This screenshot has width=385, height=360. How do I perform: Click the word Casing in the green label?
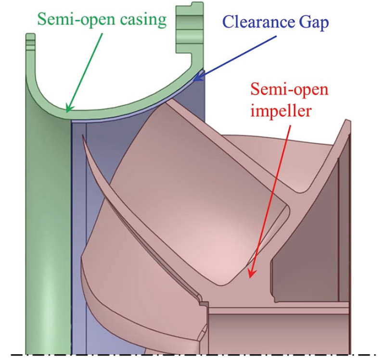143,20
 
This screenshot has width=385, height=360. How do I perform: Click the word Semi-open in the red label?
285,90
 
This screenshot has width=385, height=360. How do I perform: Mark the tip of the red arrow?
248,277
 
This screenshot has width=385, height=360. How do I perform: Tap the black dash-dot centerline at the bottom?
192,355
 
